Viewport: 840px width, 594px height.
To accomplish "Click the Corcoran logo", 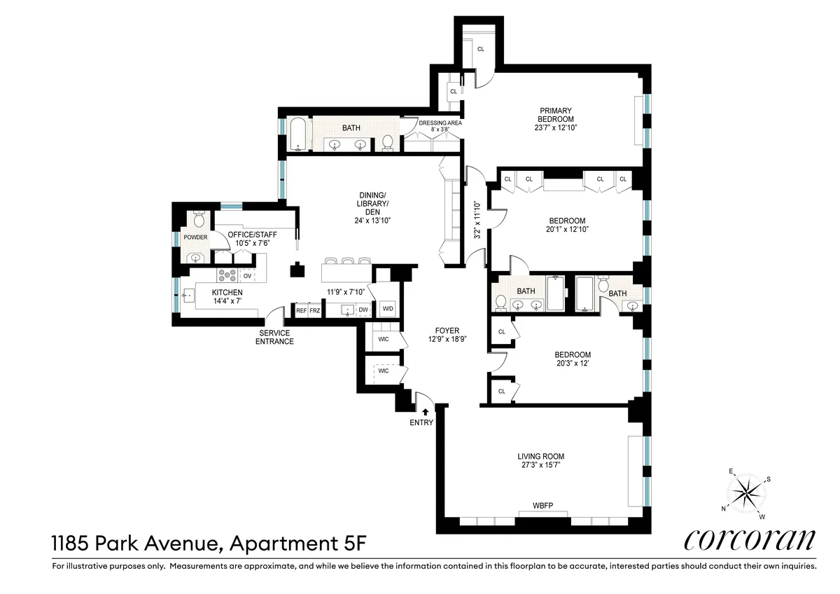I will coord(749,539).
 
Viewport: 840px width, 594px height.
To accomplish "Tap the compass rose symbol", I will coord(747,494).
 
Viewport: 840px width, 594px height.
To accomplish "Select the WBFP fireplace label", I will coord(542,505).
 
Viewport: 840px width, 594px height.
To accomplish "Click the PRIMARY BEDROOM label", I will coord(556,115).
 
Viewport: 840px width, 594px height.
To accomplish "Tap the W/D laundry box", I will coord(387,308).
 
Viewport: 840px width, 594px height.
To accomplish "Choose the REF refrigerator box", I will coord(302,310).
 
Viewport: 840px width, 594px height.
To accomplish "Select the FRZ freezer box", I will coord(315,310).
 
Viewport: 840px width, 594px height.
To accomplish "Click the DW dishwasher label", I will coord(363,310).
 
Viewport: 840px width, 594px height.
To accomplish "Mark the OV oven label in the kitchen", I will coord(247,275).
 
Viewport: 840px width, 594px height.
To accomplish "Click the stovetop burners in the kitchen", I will coord(227,275).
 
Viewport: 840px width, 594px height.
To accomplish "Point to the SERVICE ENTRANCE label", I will coord(276,337).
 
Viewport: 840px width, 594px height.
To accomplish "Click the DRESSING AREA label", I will coord(440,123).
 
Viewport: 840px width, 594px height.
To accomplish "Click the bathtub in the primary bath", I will coord(299,136).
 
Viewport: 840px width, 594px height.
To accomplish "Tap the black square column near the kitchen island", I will coord(298,269).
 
